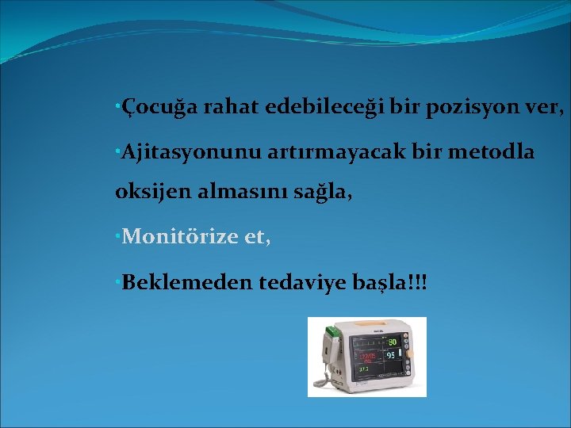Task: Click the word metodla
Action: coord(491,151)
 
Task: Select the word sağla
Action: coord(318,193)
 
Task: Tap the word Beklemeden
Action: coord(187,281)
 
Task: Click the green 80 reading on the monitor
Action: coord(391,342)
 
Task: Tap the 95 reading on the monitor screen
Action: coord(390,356)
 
